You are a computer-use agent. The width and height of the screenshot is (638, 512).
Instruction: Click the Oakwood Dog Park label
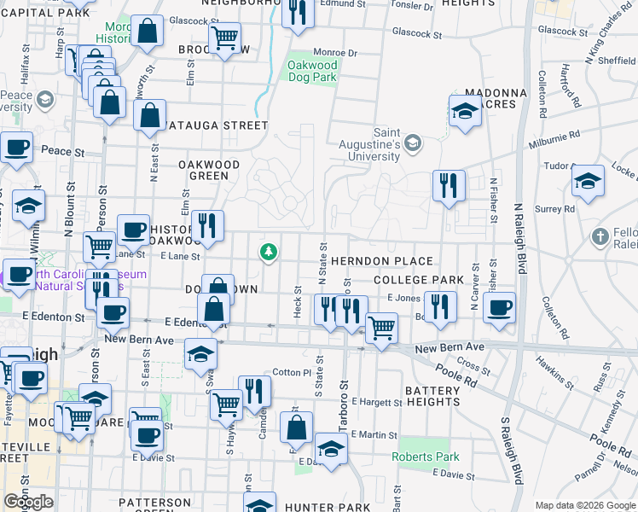click(313, 71)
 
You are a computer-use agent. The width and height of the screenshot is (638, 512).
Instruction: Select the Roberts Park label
click(425, 457)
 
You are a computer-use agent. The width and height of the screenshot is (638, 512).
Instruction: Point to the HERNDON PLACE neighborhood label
click(382, 261)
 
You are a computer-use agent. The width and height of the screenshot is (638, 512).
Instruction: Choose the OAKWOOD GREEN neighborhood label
click(209, 170)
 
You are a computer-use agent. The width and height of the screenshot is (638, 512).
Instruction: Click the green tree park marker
click(269, 251)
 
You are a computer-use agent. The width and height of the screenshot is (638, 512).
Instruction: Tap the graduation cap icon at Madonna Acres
click(465, 111)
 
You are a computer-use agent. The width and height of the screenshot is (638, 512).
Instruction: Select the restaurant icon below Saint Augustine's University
click(449, 185)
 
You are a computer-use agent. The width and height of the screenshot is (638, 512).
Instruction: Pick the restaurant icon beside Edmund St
click(298, 13)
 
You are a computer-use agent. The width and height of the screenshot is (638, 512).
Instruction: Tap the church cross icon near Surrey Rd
click(600, 236)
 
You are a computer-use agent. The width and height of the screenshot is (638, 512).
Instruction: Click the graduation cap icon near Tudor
click(588, 181)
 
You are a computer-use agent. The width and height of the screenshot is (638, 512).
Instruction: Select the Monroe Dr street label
click(334, 52)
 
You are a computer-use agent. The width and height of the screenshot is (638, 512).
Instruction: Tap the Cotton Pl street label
click(292, 373)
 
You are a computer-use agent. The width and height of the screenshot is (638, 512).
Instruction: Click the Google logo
click(28, 502)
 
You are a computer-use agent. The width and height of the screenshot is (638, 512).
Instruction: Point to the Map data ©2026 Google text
click(585, 505)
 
